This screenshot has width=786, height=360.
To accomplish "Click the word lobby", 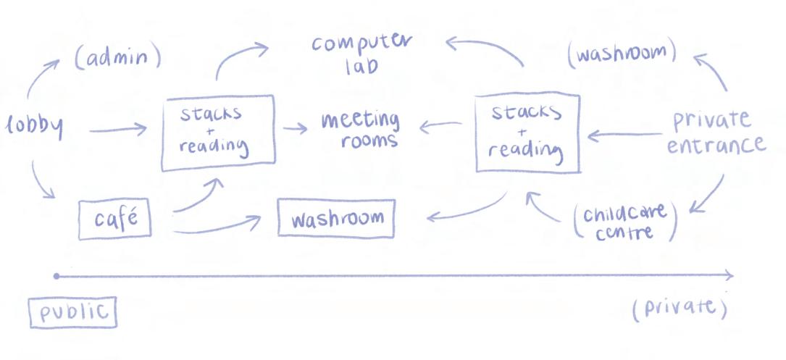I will (x=35, y=127).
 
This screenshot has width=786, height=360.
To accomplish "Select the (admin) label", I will (x=117, y=59).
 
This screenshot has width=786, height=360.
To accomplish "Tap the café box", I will (x=114, y=219).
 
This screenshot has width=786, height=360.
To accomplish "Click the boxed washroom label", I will (x=336, y=219).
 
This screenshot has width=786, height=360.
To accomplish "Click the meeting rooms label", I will (x=360, y=129).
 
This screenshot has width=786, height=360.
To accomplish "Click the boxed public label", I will (x=72, y=312).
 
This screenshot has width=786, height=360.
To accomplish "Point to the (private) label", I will (x=679, y=308).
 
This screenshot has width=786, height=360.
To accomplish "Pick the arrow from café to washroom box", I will (x=217, y=228).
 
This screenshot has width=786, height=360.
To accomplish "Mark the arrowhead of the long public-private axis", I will (x=728, y=275).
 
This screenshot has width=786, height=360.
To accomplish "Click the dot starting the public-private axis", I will (x=57, y=276).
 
